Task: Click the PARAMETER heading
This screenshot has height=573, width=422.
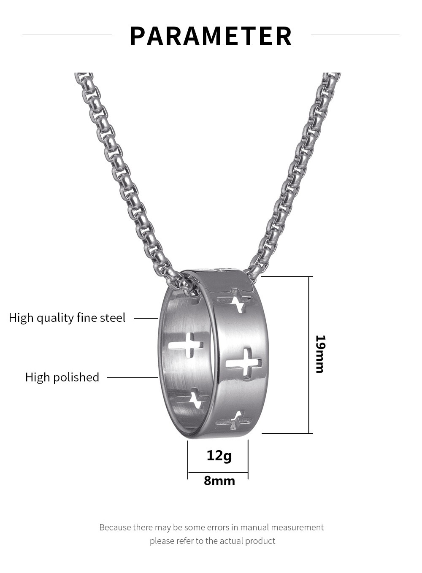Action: pos(211,36)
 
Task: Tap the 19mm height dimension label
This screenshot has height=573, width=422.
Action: pos(320,354)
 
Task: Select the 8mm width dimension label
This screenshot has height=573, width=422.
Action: pos(219,481)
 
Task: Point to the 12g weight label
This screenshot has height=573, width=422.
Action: pos(219,456)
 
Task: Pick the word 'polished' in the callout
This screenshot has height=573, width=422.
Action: pos(76,378)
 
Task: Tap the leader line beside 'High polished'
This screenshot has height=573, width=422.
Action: pos(133,377)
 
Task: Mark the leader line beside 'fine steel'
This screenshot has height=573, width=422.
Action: pos(146,319)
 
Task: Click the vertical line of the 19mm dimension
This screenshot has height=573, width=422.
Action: pos(309,355)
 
